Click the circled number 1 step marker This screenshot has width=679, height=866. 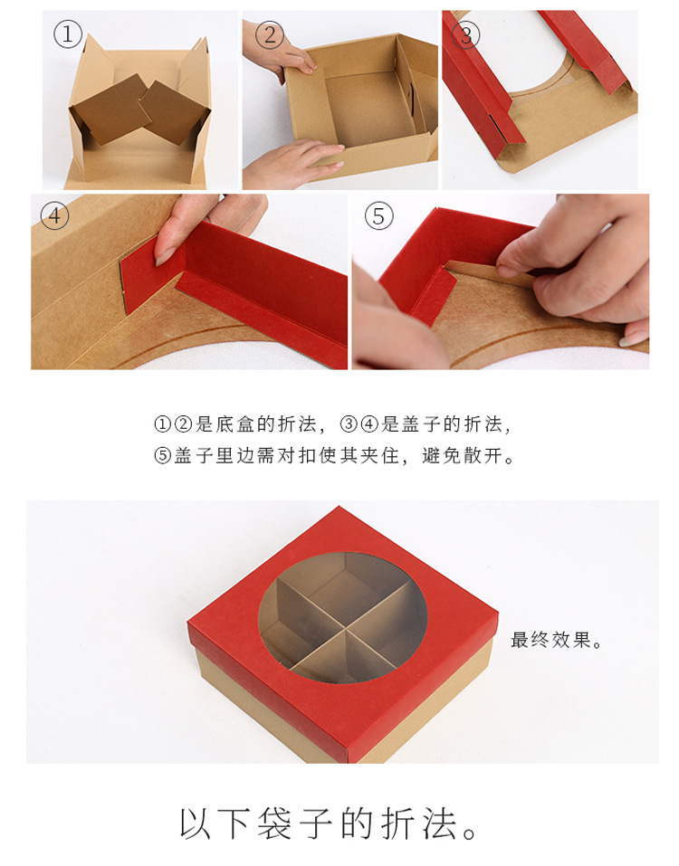coord(68,35)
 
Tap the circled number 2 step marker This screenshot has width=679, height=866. coord(268,35)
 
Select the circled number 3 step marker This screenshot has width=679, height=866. coord(466,35)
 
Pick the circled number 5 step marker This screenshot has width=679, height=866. coord(378,216)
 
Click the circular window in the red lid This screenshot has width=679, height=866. coord(342,615)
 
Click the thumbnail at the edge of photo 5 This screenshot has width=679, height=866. coord(633,338)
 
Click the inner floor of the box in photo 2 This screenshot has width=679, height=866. coord(367,109)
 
